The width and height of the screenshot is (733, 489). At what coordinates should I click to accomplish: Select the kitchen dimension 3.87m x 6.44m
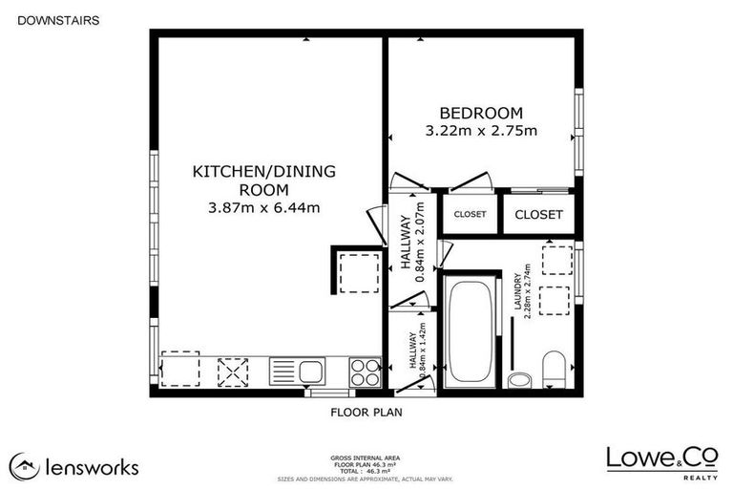(x=263, y=206)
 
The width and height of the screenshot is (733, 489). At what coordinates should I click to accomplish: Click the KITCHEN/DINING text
(x=264, y=172)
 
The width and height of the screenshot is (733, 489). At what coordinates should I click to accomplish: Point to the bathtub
(x=470, y=330)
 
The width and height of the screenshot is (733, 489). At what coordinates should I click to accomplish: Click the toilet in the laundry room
(x=554, y=370)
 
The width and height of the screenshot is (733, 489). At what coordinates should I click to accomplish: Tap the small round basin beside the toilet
(x=519, y=380)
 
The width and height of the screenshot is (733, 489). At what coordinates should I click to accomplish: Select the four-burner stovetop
(x=364, y=371)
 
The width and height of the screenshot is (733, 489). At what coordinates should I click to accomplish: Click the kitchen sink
(x=297, y=371)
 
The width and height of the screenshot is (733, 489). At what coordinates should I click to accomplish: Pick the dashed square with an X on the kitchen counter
(x=233, y=371)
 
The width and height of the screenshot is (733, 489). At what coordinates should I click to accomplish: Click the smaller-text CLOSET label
(x=470, y=215)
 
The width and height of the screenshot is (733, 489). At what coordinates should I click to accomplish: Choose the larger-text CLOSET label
(x=538, y=215)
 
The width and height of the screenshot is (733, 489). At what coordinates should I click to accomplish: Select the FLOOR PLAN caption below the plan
(x=367, y=413)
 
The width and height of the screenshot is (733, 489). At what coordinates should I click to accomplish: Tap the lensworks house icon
(x=24, y=466)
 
